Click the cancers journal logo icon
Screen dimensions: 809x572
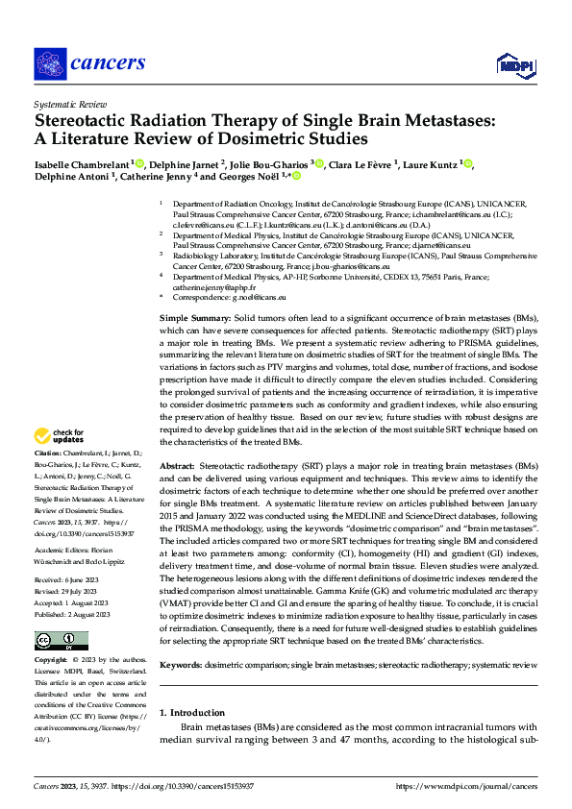tap(49, 63)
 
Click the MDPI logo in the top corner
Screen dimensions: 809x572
tap(515, 64)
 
